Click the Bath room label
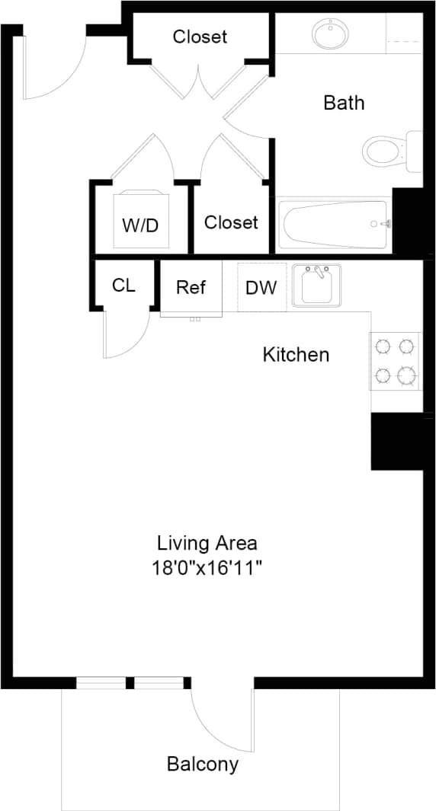pos(344,102)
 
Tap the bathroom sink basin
pos(331,34)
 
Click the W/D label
pos(140,225)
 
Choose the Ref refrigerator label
pos(191,287)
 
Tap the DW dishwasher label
pos(261,288)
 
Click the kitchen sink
pos(316,286)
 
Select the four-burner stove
pos(396,361)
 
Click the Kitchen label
pos(296,354)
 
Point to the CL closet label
pos(123,285)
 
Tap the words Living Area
pos(207,543)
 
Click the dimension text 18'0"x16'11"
pos(207,567)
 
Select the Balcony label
pos(203,764)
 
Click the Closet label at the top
pos(200,36)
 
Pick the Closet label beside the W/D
pos(231,222)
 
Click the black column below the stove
pos(396,442)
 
